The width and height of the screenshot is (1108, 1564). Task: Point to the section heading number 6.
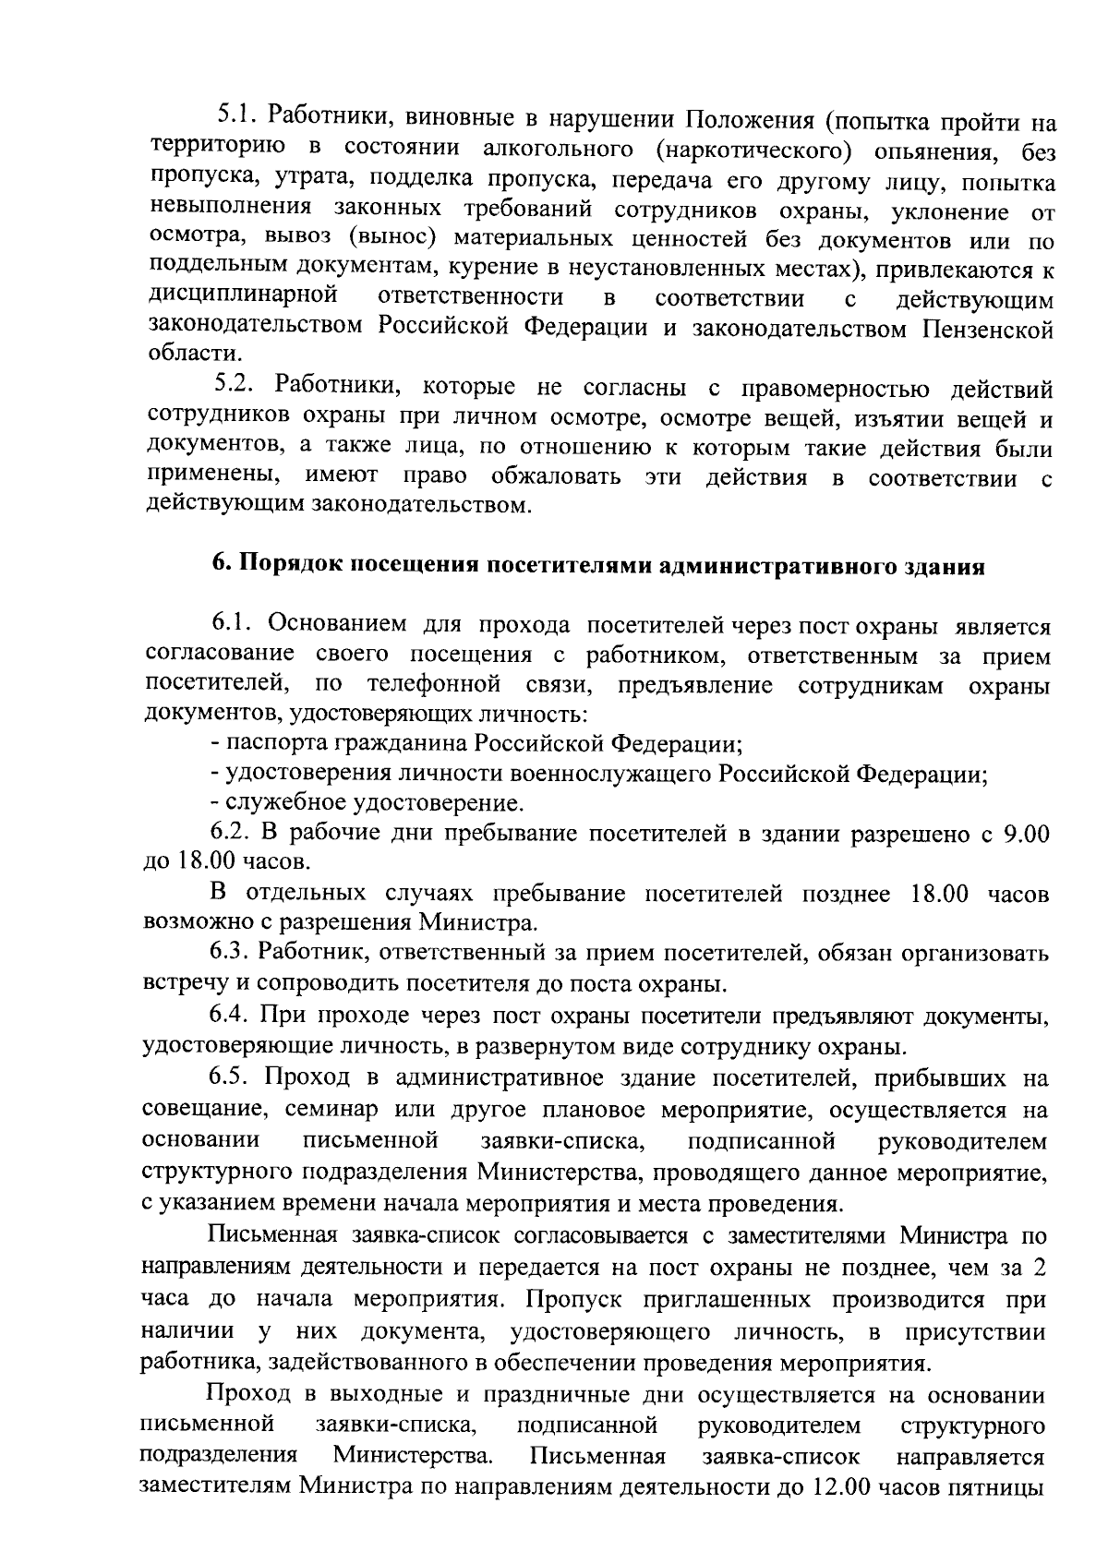(x=222, y=566)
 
